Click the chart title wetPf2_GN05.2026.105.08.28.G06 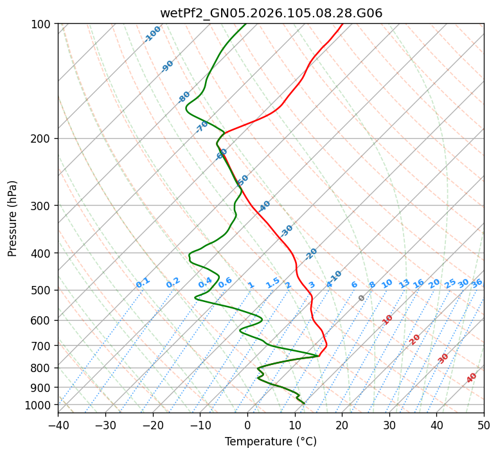coord(271,13)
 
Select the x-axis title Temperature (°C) coord(271,442)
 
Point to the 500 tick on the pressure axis coord(42,290)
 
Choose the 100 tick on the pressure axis coord(42,24)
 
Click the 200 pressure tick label coord(42,139)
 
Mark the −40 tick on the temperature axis coord(58,425)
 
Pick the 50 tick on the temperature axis coord(484,425)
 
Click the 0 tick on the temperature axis coord(247,425)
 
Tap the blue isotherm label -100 coord(152,34)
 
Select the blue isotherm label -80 coord(184,97)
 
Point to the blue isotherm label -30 coord(287,230)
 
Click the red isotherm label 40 coord(472,378)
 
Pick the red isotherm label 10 coord(387,319)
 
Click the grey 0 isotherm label coord(362,298)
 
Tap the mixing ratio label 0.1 coord(143,283)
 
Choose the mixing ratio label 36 coord(477,283)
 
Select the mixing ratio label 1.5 coord(272,283)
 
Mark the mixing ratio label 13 coord(404,283)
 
